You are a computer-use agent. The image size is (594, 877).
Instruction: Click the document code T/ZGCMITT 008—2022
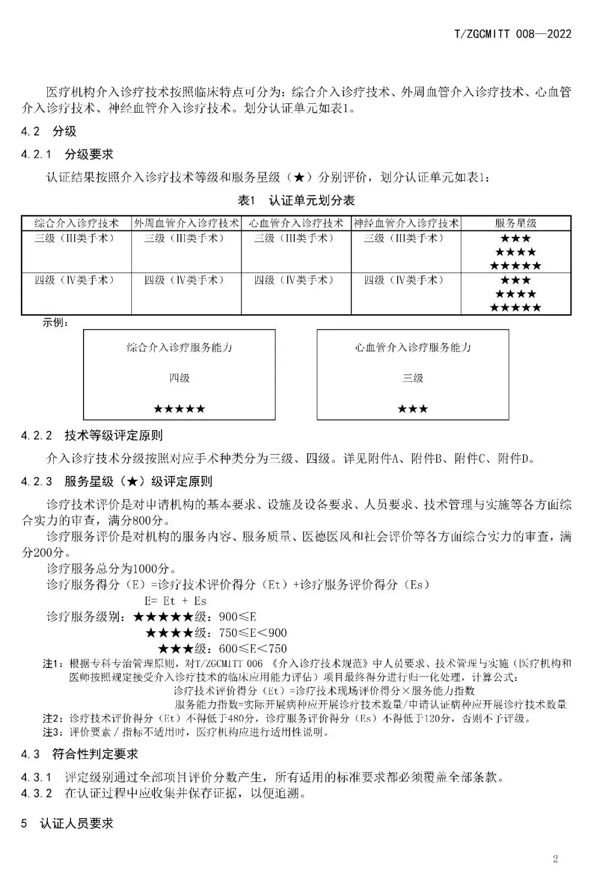[513, 34]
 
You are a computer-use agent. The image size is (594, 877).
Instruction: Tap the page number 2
[555, 859]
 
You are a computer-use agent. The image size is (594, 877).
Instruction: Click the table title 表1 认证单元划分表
[296, 201]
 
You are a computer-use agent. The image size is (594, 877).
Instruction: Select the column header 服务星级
[515, 223]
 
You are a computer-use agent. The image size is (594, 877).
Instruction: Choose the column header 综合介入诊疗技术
[76, 223]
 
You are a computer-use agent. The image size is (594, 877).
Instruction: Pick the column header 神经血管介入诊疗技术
[406, 223]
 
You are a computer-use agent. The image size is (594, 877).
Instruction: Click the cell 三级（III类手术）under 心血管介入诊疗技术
[296, 238]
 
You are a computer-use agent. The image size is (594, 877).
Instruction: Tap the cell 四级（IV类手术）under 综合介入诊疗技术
[76, 280]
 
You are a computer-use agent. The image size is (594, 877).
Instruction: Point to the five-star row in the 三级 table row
[515, 266]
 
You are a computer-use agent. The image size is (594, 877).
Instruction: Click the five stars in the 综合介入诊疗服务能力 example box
[179, 409]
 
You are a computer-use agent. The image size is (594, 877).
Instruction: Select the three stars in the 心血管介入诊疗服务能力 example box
[413, 409]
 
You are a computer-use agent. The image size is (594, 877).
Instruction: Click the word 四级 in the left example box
[179, 378]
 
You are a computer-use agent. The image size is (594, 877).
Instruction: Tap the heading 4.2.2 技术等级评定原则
[92, 436]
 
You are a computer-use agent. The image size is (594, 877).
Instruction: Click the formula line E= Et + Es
[175, 601]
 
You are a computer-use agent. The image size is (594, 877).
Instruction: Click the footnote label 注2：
[54, 718]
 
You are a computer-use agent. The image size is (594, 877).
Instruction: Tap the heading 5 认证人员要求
[67, 823]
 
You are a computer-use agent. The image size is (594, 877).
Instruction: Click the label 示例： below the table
[56, 323]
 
